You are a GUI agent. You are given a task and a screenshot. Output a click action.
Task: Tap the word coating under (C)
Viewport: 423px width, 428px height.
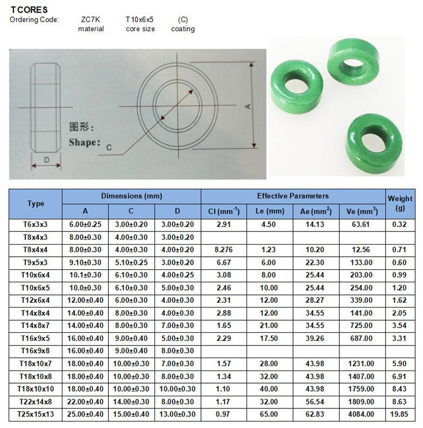(x=183, y=29)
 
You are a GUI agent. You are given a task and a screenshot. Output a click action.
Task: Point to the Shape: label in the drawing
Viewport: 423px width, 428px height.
(x=84, y=142)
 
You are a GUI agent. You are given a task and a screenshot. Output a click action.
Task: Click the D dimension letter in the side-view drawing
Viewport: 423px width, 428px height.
(x=47, y=159)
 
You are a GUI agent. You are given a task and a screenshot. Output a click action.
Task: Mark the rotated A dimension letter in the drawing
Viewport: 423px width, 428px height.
(x=247, y=106)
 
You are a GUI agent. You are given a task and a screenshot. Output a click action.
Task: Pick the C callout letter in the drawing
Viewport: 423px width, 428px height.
(x=109, y=147)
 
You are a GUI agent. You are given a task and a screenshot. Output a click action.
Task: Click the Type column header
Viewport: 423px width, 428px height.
(x=36, y=203)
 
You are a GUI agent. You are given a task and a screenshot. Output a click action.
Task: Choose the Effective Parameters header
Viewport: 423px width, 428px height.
(x=293, y=196)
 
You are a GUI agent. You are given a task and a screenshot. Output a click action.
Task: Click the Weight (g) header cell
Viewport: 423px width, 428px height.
(x=400, y=203)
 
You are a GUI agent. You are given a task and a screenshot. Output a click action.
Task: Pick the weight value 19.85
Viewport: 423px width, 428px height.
(x=400, y=414)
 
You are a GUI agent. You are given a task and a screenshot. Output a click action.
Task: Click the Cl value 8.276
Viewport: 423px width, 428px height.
(x=224, y=249)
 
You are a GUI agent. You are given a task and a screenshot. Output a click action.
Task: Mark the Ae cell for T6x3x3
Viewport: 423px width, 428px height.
(x=316, y=225)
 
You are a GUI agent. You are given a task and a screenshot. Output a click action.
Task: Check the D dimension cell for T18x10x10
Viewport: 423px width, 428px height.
(x=178, y=388)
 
